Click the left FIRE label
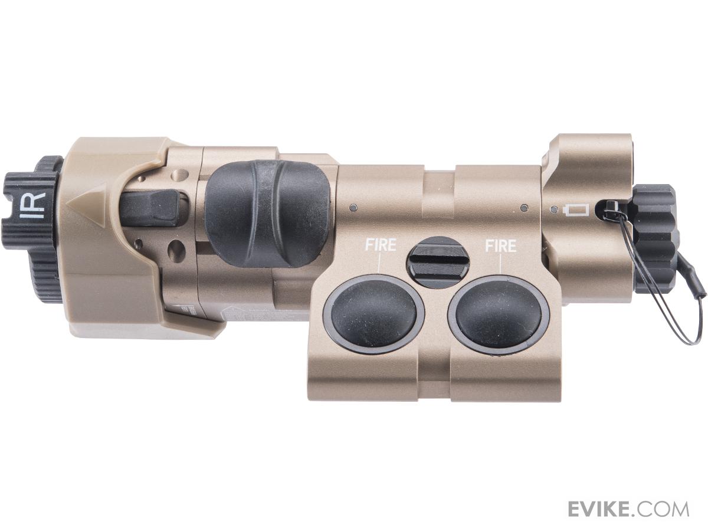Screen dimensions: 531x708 coord(381,245)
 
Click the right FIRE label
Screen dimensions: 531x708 coord(500,245)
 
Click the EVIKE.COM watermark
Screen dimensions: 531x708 coord(628,509)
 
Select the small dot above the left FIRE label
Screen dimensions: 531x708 coord(353,207)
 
